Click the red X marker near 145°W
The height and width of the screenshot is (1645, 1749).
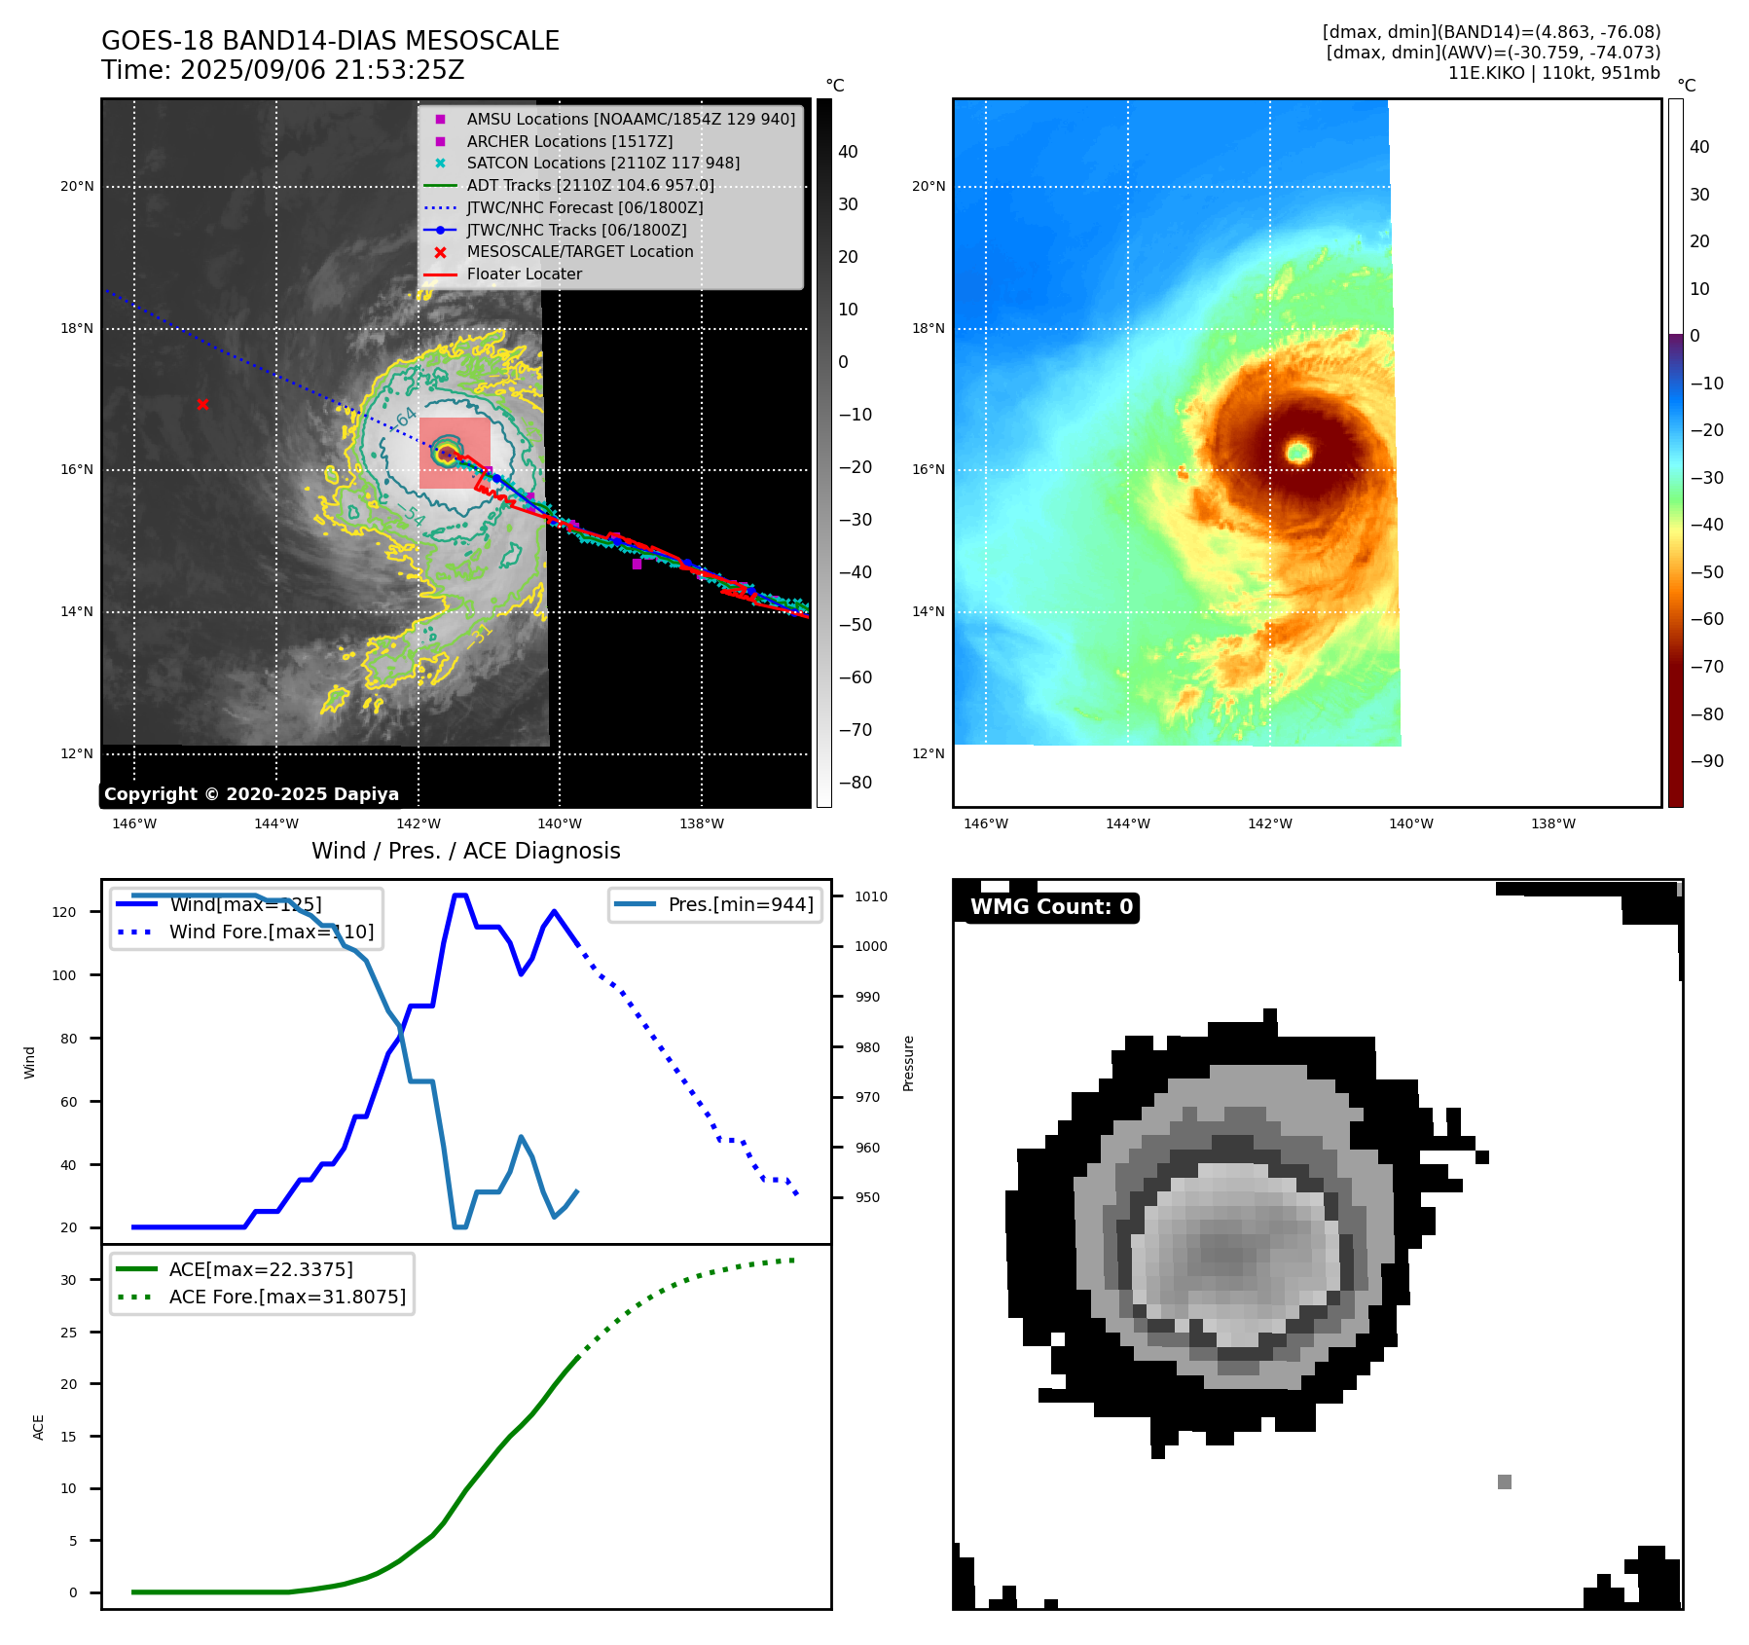point(202,404)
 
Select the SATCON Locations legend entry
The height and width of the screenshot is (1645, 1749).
point(602,164)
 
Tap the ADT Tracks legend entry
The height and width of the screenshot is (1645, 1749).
point(590,185)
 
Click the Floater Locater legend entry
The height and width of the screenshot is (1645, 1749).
point(524,274)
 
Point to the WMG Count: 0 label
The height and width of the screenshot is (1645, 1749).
point(1051,907)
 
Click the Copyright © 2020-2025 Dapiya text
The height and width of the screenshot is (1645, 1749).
point(251,794)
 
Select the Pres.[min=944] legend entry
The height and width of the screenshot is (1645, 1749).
point(740,904)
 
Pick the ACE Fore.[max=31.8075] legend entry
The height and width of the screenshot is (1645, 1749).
point(287,1297)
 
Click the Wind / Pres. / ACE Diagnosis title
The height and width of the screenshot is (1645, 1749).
point(465,851)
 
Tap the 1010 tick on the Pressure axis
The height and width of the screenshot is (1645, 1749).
point(871,896)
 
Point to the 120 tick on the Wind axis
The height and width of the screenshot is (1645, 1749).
point(64,912)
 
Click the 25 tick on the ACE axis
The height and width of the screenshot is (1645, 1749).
point(69,1333)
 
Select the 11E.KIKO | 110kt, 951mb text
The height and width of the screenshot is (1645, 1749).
point(1553,73)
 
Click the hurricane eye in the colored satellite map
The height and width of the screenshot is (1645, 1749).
point(1298,451)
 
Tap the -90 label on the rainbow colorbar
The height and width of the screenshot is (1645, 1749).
point(1707,761)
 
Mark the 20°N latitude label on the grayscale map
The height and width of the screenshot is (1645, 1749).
point(78,186)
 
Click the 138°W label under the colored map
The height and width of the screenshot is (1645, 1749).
point(1552,823)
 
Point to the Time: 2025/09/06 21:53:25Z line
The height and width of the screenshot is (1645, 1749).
point(282,71)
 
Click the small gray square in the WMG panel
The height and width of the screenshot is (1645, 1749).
point(1504,1481)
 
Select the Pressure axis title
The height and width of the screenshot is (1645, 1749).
point(908,1063)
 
